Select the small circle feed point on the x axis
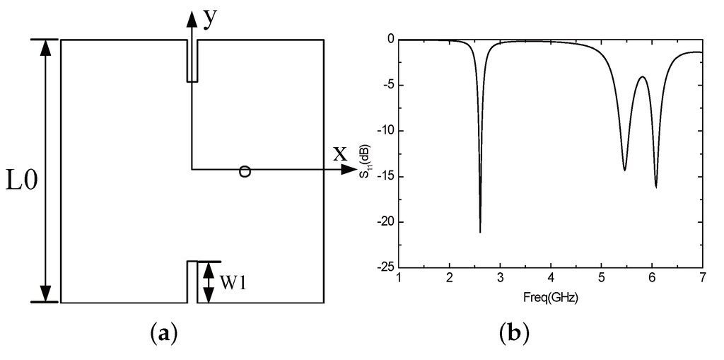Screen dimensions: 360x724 coord(245,170)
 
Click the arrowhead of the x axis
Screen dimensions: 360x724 coord(349,170)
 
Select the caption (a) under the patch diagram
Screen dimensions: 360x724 coord(164,332)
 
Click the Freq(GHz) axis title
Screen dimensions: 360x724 coord(551,298)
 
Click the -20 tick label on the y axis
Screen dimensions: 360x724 coord(384,222)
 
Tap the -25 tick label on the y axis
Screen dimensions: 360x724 coord(384,268)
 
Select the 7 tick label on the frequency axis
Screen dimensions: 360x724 coord(702,279)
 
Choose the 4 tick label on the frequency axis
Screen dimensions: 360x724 coord(551,279)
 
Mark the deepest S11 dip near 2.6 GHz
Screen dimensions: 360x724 coord(480,231)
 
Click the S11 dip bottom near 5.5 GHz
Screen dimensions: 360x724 coord(624,170)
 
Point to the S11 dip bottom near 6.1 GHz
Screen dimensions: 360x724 coord(656,187)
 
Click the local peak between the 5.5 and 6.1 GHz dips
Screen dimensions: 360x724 coord(642,76)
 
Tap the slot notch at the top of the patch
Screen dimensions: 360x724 coord(192,60)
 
